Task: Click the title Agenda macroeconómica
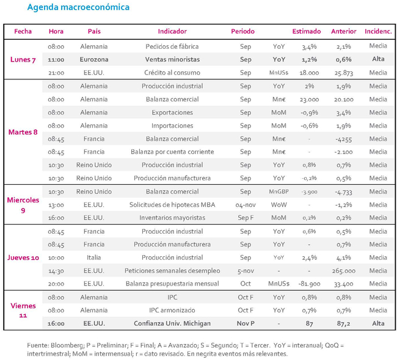[78, 7]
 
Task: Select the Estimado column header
[307, 31]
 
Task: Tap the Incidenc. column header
[378, 31]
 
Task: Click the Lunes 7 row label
[23, 60]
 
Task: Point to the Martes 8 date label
[23, 132]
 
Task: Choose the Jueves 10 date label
[23, 257]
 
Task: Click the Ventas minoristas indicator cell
[172, 59]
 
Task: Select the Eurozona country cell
[94, 59]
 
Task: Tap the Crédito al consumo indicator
[172, 73]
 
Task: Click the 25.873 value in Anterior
[344, 73]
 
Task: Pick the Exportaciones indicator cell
[172, 112]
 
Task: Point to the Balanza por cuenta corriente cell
[172, 152]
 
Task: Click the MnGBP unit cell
[279, 192]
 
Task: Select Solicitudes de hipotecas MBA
[172, 204]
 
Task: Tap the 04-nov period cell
[246, 204]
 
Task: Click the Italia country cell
[93, 257]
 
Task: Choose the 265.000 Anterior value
[344, 271]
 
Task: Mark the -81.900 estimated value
[309, 284]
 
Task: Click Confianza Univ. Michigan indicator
[172, 323]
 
